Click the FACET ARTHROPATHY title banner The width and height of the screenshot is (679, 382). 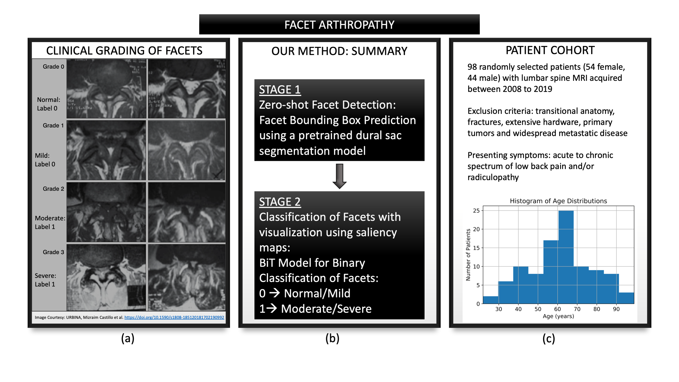(339, 24)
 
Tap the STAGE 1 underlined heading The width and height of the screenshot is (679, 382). (280, 90)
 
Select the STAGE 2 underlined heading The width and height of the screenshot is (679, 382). (280, 202)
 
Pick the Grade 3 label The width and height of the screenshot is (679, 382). (53, 252)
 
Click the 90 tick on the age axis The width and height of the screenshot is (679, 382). (616, 309)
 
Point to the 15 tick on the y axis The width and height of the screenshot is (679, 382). (476, 248)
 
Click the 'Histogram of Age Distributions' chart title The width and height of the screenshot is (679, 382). (558, 201)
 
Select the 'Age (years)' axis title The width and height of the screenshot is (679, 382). (558, 316)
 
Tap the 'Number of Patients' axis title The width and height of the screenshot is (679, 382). (468, 255)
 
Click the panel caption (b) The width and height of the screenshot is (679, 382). (332, 338)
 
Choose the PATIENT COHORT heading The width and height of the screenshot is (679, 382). (550, 50)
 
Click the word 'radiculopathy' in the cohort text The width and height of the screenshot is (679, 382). (493, 178)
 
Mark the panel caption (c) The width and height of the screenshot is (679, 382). (549, 338)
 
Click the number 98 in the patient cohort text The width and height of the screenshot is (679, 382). (472, 67)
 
